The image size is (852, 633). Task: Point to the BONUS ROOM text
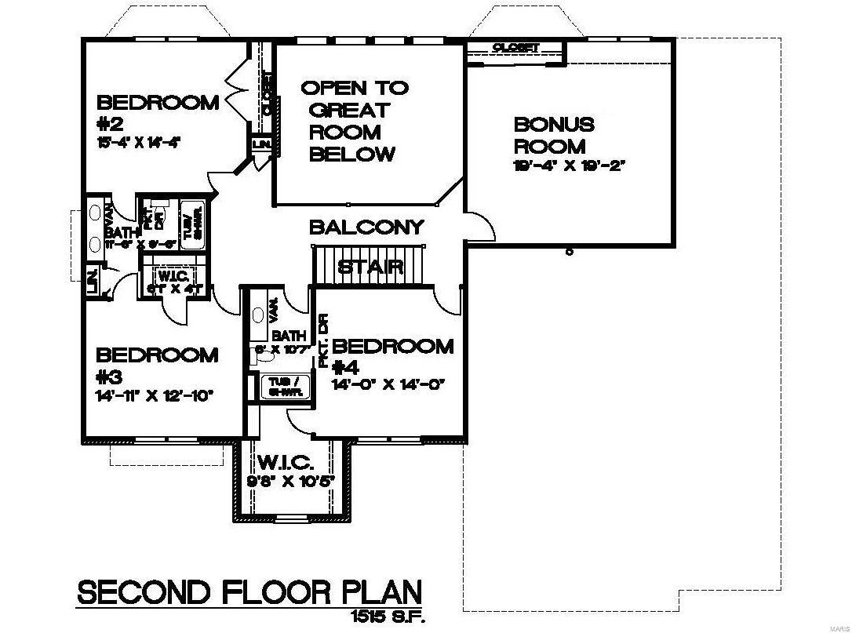pyautogui.click(x=554, y=135)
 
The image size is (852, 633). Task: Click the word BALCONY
pyautogui.click(x=366, y=227)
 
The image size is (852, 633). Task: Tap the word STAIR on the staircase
pyautogui.click(x=370, y=267)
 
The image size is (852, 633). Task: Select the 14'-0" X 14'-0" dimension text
pyautogui.click(x=389, y=384)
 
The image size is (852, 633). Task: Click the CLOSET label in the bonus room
pyautogui.click(x=515, y=48)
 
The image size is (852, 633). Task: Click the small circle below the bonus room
pyautogui.click(x=569, y=252)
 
